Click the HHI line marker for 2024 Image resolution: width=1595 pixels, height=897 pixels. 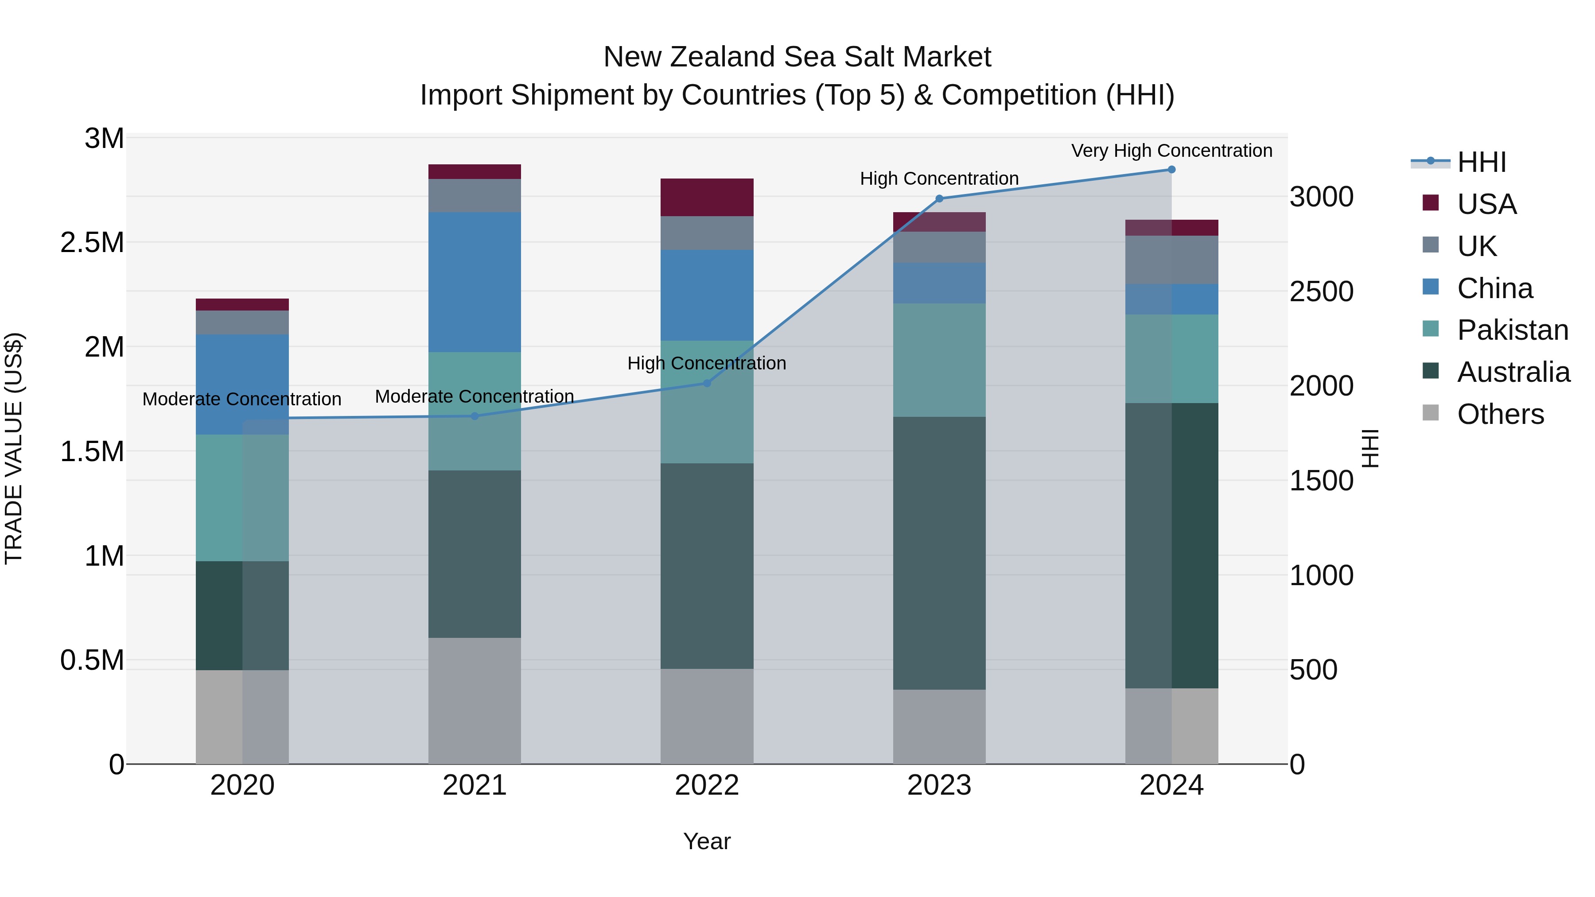[1171, 170]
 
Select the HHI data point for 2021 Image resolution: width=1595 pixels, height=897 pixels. [474, 416]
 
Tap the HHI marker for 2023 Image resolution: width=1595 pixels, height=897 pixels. [939, 199]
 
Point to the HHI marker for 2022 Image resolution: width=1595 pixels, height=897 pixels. [707, 383]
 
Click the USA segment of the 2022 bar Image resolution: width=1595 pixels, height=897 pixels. [707, 197]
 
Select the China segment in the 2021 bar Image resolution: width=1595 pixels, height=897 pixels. [474, 282]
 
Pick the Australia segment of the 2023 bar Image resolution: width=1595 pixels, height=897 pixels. [939, 552]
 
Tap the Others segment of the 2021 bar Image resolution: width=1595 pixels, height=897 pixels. [474, 700]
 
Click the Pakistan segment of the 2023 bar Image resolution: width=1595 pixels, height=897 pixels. [939, 360]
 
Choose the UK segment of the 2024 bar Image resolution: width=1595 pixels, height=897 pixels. [1171, 260]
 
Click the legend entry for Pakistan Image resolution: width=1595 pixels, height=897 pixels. [1512, 330]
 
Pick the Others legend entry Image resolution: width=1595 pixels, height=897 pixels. [1500, 414]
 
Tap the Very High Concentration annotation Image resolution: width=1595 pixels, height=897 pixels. [1171, 151]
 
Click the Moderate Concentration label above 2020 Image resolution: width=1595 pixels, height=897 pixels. [241, 399]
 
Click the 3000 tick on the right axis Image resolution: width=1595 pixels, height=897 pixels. [1321, 197]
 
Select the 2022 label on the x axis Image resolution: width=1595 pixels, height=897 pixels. [707, 785]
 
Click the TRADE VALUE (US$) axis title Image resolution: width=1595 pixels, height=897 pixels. [14, 448]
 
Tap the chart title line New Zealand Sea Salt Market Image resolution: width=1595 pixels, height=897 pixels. [797, 57]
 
